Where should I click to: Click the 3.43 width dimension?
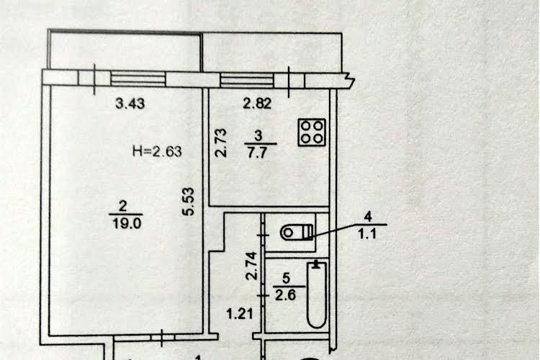click(130, 104)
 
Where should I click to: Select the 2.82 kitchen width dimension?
click(257, 104)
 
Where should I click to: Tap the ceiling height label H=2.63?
click(157, 151)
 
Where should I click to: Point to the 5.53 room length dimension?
click(189, 202)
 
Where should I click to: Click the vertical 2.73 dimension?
click(221, 143)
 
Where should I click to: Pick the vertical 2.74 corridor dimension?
click(251, 266)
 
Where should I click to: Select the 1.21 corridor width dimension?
click(240, 313)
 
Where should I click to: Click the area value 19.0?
click(127, 224)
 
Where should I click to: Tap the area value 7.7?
click(257, 152)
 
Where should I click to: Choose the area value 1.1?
click(367, 235)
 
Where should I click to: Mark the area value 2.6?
click(286, 295)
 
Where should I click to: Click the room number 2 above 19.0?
click(122, 207)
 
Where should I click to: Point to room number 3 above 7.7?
click(258, 136)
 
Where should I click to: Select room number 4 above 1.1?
click(368, 217)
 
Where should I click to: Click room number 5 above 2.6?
click(286, 278)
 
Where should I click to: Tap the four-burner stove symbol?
click(312, 132)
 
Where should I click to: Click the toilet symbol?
click(297, 232)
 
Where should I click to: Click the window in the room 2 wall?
click(138, 79)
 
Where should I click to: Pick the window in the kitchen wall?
click(247, 80)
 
